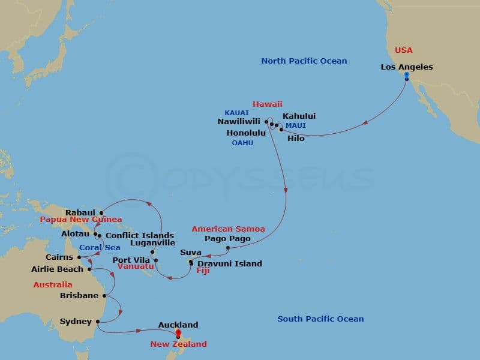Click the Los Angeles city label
[407, 67]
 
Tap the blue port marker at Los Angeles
[407, 76]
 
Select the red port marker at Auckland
[178, 334]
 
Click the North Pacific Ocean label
[304, 61]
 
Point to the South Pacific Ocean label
[320, 319]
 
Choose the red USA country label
[404, 50]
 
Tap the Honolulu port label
[246, 133]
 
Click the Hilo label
[296, 139]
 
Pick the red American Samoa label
[228, 229]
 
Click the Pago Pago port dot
[228, 247]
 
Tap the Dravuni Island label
[231, 263]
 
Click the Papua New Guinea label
[81, 220]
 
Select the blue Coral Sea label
[100, 247]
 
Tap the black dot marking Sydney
[97, 322]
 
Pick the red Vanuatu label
[134, 266]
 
